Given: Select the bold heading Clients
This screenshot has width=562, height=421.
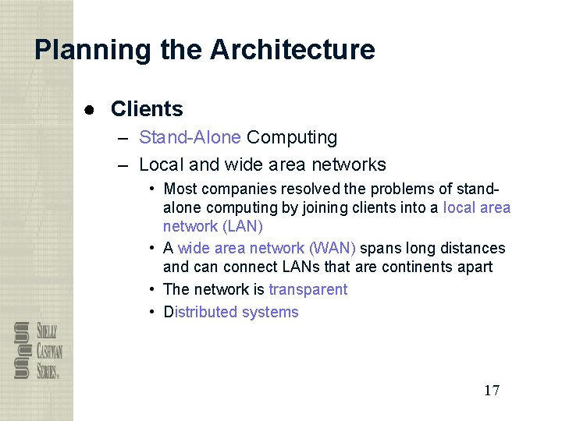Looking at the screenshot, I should click(147, 109).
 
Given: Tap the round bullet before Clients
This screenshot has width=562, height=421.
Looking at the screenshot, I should click(91, 109).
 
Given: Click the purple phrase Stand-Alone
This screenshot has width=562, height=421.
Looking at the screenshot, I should click(190, 138).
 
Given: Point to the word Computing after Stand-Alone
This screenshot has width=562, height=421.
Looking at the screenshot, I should click(292, 138).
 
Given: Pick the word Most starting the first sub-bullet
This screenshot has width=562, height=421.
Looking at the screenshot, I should click(180, 189).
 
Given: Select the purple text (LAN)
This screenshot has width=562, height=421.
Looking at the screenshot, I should click(243, 227).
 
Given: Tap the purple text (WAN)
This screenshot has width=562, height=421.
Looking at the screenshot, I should click(333, 249).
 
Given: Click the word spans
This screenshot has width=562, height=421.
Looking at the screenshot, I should click(382, 249).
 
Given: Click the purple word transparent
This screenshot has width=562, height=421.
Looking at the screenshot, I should click(308, 290).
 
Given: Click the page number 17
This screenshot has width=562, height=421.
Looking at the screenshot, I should click(492, 391).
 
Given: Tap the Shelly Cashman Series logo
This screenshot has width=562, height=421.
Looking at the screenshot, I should click(37, 351).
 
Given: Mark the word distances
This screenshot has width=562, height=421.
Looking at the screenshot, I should click(471, 249).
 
